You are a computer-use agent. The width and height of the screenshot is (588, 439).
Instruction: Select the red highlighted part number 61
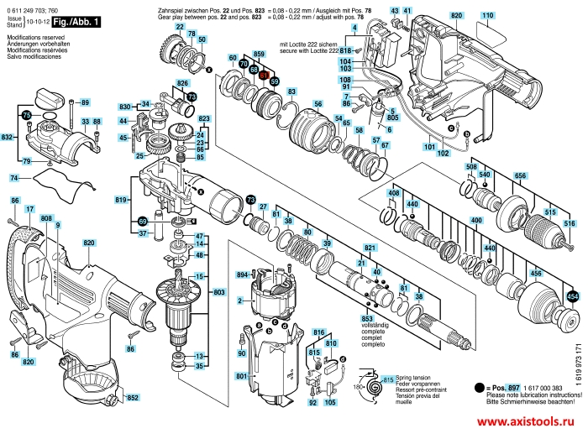tap(263, 75)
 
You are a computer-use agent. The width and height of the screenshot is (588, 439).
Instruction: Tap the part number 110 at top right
tap(488, 16)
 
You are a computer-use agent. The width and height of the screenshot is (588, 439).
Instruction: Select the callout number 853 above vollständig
tap(366, 319)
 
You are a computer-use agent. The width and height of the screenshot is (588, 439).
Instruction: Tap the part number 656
tap(520, 175)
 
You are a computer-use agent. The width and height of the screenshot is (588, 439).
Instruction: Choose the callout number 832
tap(8, 136)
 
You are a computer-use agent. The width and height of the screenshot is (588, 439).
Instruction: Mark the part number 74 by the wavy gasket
tap(14, 179)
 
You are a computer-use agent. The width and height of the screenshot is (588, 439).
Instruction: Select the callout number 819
tap(121, 200)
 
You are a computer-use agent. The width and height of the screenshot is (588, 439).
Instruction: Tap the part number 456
tap(534, 274)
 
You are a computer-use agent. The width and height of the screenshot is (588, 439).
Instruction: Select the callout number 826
tap(182, 82)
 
